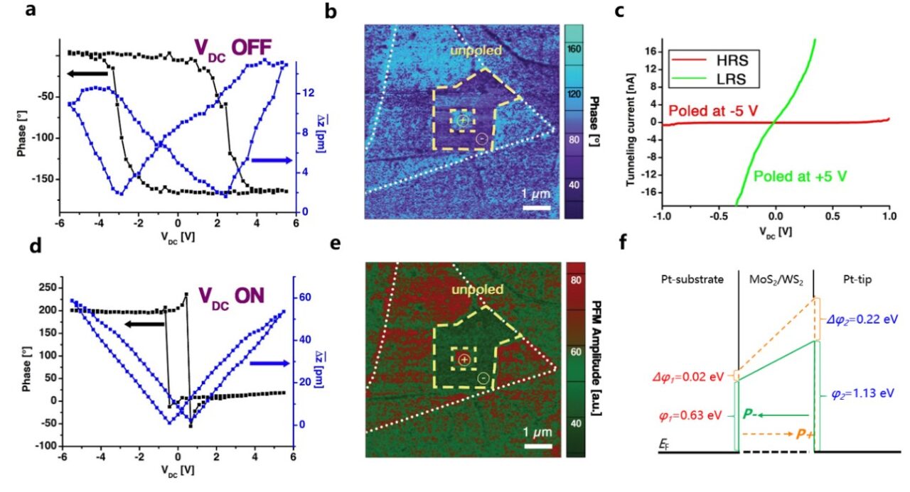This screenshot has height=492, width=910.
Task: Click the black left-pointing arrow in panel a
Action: tap(87, 72)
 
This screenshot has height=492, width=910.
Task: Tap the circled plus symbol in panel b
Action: tap(463, 121)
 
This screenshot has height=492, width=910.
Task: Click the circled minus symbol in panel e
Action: tap(483, 379)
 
